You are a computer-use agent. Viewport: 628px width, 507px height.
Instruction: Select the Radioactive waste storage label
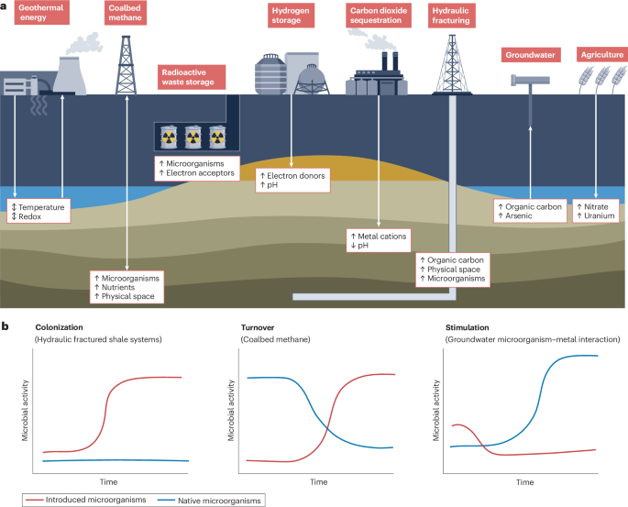(192, 76)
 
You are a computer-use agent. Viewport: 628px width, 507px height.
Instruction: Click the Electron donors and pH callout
(292, 180)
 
